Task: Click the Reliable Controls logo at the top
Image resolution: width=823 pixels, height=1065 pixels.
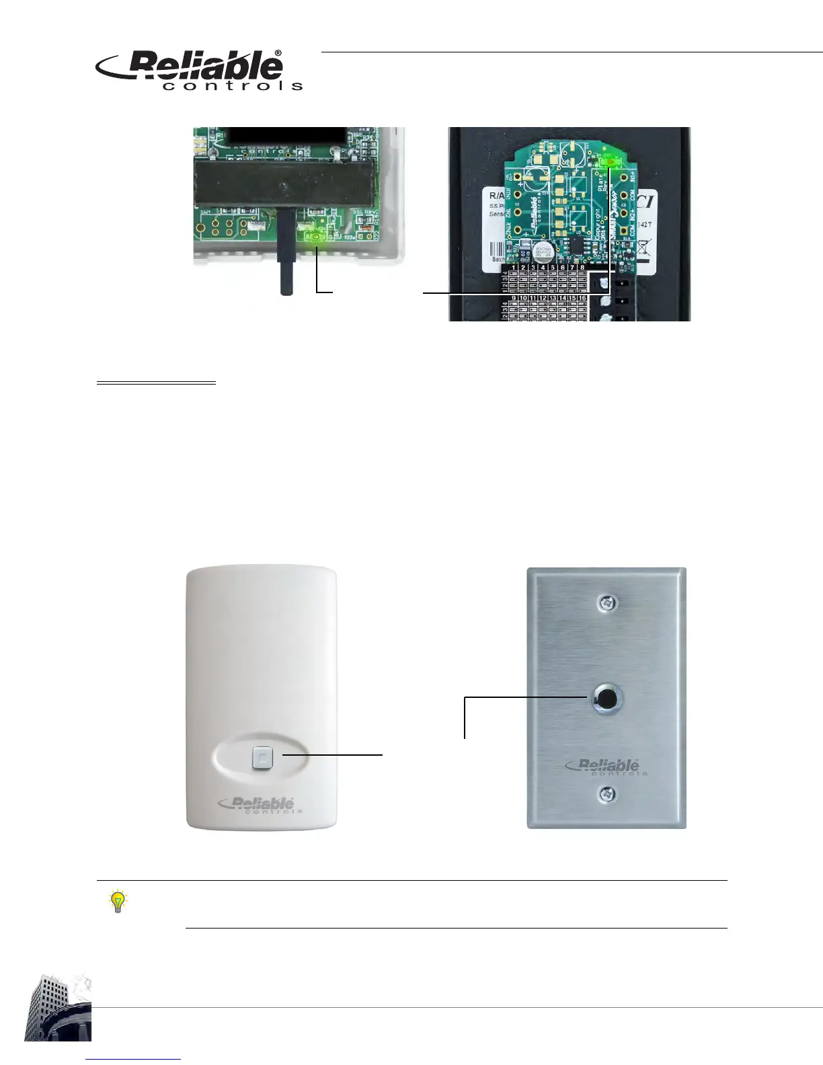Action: (x=200, y=70)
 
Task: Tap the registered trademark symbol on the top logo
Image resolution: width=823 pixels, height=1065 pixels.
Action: (x=278, y=53)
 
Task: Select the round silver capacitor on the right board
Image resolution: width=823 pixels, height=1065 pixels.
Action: (x=543, y=253)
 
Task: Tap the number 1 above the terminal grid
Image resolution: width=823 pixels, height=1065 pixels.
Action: (x=514, y=268)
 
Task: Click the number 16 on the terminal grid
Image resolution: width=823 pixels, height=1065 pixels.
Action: (x=582, y=298)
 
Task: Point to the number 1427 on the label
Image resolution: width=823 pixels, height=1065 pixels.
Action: (x=643, y=225)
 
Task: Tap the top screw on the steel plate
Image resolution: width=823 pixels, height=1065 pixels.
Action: (x=607, y=603)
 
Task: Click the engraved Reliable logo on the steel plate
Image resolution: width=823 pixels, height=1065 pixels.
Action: (x=603, y=766)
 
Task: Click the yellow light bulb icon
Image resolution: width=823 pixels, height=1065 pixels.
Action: (x=118, y=901)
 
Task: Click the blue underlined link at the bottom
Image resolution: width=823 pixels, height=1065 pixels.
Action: (x=134, y=1059)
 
